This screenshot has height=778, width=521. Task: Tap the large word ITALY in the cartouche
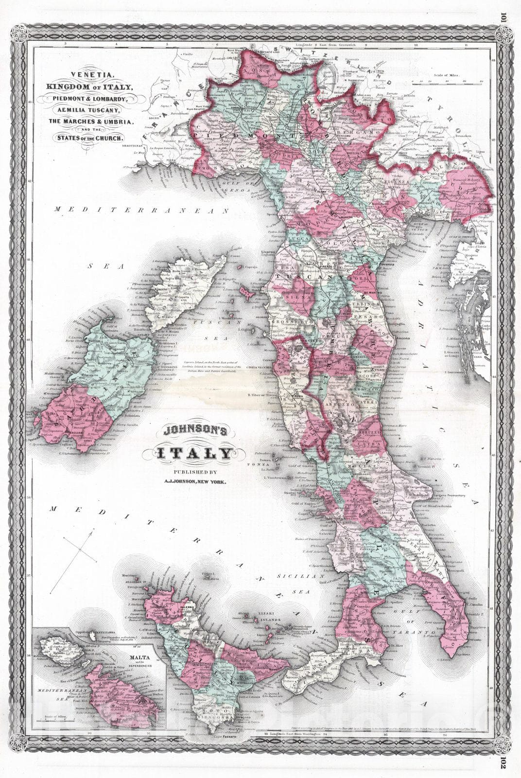(193, 454)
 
